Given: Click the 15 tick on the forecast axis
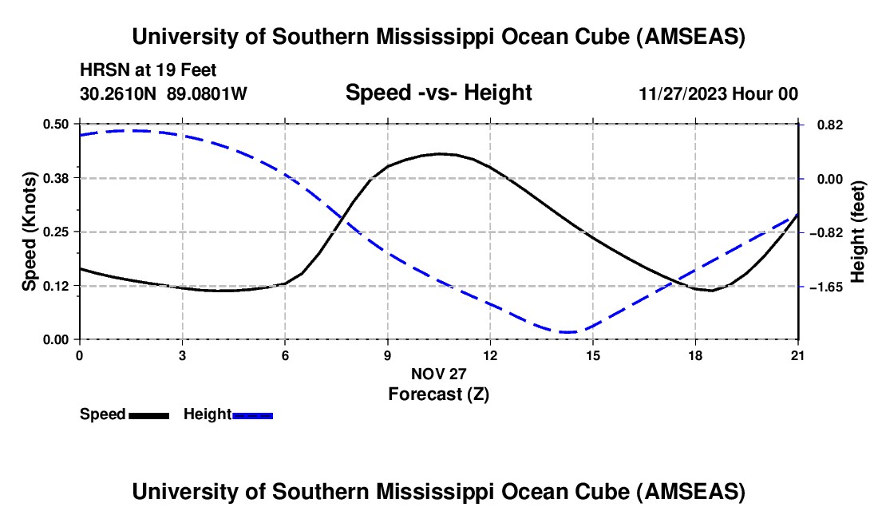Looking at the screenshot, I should coord(592,355).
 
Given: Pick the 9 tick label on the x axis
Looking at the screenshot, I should coord(388,355).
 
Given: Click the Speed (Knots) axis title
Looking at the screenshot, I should coord(30,232).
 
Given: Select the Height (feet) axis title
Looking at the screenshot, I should coord(858,232).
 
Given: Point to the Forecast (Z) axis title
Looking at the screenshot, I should coord(438,394).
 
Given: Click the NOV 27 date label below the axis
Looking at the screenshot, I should coord(438,374).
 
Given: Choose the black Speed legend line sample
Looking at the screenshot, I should coord(148,415).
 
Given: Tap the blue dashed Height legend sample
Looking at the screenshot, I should coord(253,415).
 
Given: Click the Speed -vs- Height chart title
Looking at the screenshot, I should coord(438,93).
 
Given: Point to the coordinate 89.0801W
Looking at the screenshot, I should coord(208,93).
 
